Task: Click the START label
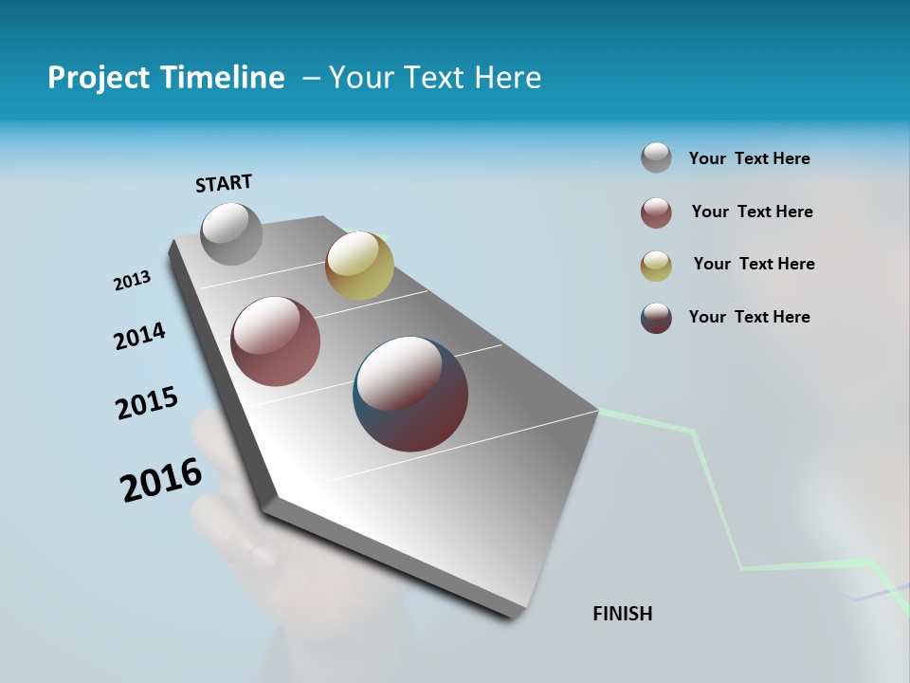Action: click(x=224, y=183)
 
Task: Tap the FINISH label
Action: click(x=623, y=614)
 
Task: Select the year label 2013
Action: click(x=132, y=281)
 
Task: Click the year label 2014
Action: click(x=139, y=336)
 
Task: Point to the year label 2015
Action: click(x=147, y=403)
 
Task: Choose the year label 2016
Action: click(x=161, y=479)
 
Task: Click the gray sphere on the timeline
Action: click(x=231, y=233)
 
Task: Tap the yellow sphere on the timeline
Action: click(x=359, y=266)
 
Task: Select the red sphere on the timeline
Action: click(x=275, y=341)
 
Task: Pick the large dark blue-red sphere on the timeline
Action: click(x=410, y=394)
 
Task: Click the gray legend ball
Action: click(x=656, y=158)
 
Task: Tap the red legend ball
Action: click(x=656, y=212)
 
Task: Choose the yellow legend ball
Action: click(x=656, y=266)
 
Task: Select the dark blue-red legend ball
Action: click(x=656, y=318)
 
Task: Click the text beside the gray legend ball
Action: click(x=749, y=158)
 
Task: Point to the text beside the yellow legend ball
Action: click(x=754, y=264)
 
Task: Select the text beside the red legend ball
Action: click(x=752, y=212)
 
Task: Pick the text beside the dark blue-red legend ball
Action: click(x=749, y=317)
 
